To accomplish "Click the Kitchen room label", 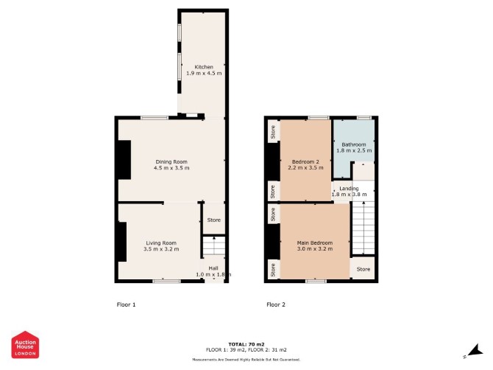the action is (x=204, y=67).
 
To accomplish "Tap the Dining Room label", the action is (x=171, y=162).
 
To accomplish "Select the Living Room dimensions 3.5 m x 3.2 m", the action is (x=161, y=249).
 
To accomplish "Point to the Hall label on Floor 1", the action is (x=213, y=268).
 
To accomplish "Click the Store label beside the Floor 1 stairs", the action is (x=214, y=220).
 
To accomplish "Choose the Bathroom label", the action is (x=354, y=144).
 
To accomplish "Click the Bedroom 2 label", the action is (x=305, y=162).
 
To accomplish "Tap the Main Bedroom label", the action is (x=315, y=242).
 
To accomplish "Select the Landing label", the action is (x=349, y=188).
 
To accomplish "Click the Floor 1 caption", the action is (x=126, y=304).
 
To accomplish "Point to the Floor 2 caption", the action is (x=276, y=304).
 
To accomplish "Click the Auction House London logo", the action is (x=25, y=344).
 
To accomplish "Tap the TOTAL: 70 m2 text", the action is (x=246, y=344).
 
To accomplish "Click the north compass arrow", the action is (x=475, y=351).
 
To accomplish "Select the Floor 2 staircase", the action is (x=363, y=228).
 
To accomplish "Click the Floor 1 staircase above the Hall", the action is (x=214, y=246).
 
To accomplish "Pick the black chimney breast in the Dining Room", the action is (x=124, y=160).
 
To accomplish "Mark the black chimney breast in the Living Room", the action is (x=122, y=242).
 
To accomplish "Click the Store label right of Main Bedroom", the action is (x=363, y=269).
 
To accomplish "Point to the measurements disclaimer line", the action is (x=246, y=359).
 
